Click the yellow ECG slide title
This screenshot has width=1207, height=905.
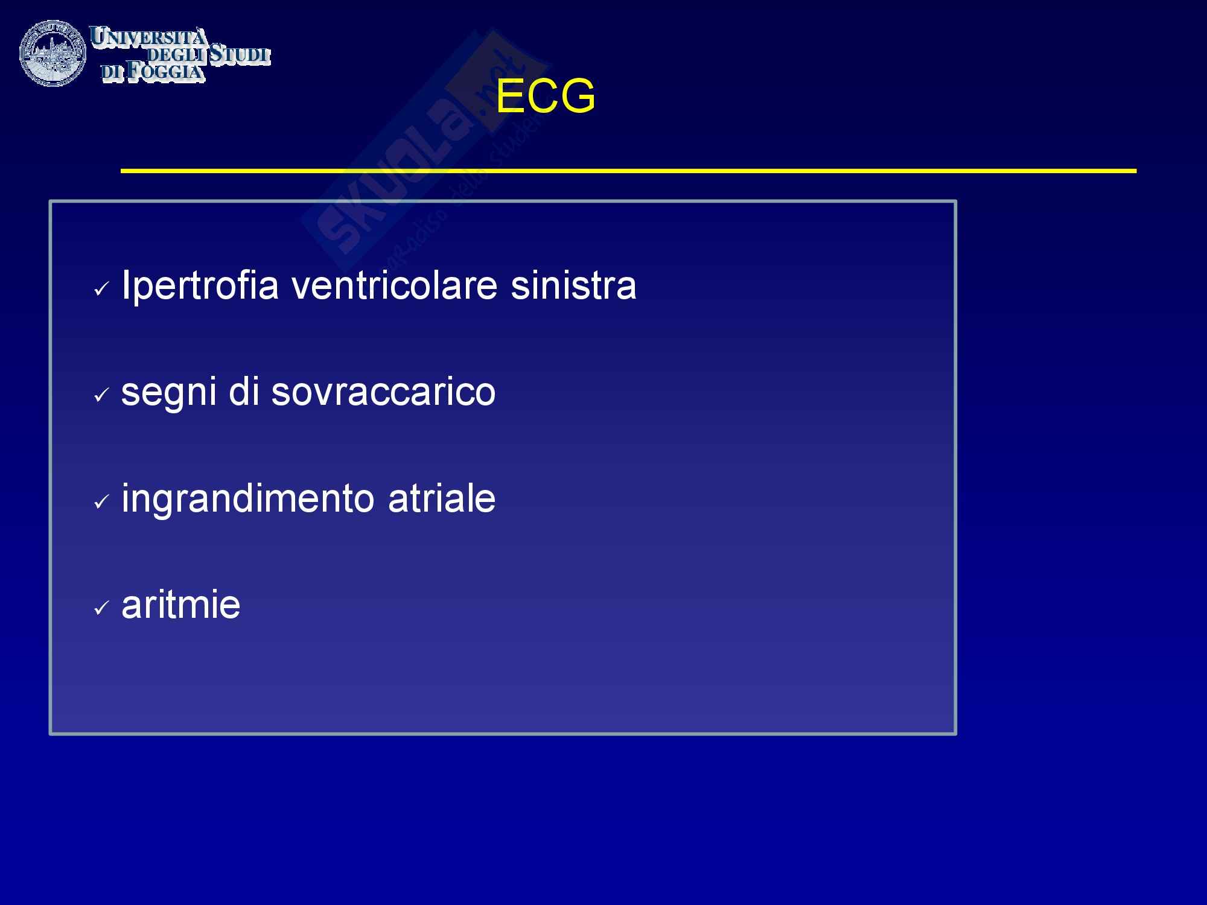pos(546,97)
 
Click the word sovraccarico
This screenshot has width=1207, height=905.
pos(383,392)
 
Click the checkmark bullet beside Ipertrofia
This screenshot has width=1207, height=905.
pos(101,291)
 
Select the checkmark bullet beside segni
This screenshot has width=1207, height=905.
pos(101,397)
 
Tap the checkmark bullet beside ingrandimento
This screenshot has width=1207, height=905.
pos(101,503)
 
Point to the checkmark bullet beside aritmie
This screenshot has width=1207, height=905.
pos(101,609)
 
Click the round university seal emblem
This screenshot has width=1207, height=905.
pos(53,53)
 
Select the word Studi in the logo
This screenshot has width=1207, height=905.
pos(239,54)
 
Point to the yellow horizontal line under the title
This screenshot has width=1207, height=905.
pos(628,171)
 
